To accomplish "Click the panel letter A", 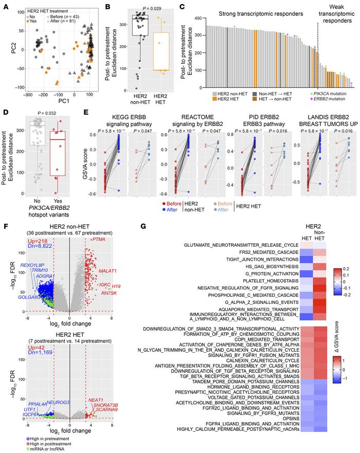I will coord(4,5).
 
